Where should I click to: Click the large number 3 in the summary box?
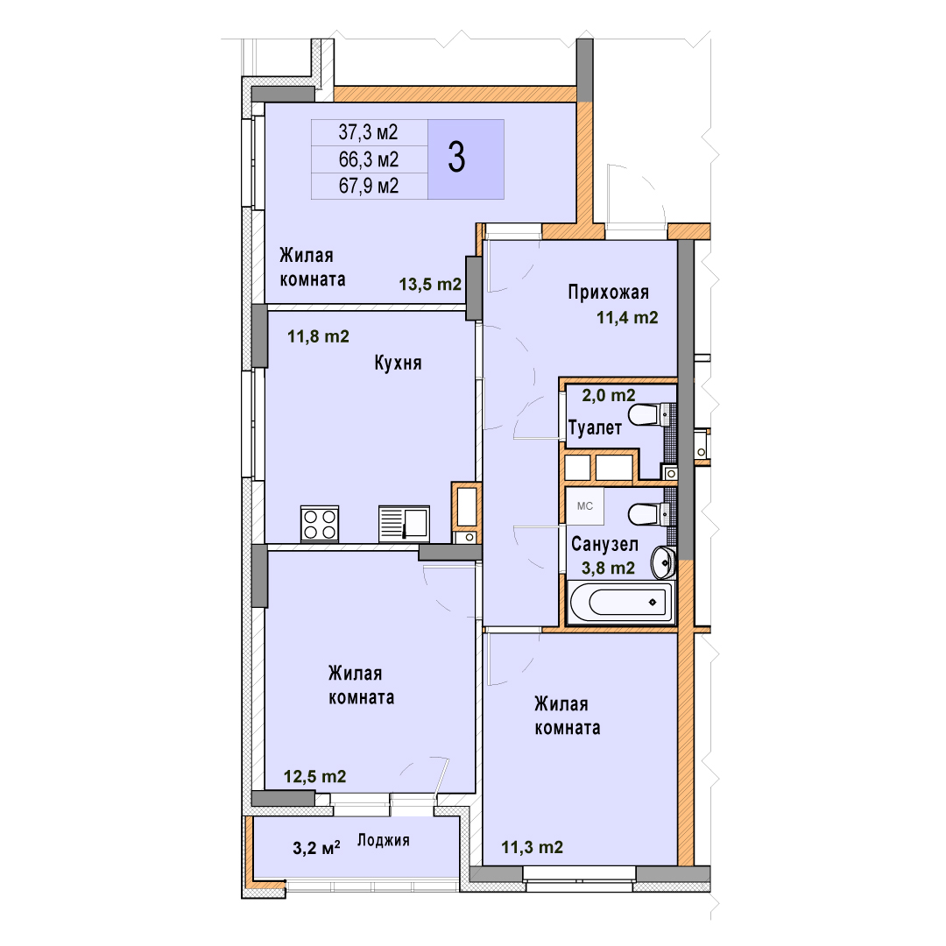pyautogui.click(x=456, y=158)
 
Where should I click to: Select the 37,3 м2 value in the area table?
pyautogui.click(x=368, y=131)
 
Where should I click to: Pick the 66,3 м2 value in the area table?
pyautogui.click(x=369, y=159)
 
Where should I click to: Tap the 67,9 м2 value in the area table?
pyautogui.click(x=369, y=185)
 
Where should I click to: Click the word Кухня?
pyautogui.click(x=399, y=363)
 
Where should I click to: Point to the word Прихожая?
pyautogui.click(x=608, y=292)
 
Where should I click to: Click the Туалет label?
pyautogui.click(x=595, y=427)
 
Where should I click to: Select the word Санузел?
pyautogui.click(x=604, y=544)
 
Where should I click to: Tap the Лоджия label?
pyautogui.click(x=384, y=840)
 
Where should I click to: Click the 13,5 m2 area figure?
pyautogui.click(x=430, y=284)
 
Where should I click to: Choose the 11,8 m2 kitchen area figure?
pyautogui.click(x=318, y=336)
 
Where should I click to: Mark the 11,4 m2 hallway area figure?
pyautogui.click(x=627, y=317)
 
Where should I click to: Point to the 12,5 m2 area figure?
pyautogui.click(x=315, y=776)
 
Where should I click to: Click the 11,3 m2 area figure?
pyautogui.click(x=533, y=848)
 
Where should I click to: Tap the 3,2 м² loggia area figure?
pyautogui.click(x=316, y=848)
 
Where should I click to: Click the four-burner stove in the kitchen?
pyautogui.click(x=320, y=524)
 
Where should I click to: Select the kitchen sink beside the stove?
pyautogui.click(x=404, y=523)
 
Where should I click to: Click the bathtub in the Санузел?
pyautogui.click(x=621, y=602)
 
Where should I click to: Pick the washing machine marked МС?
pyautogui.click(x=584, y=506)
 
